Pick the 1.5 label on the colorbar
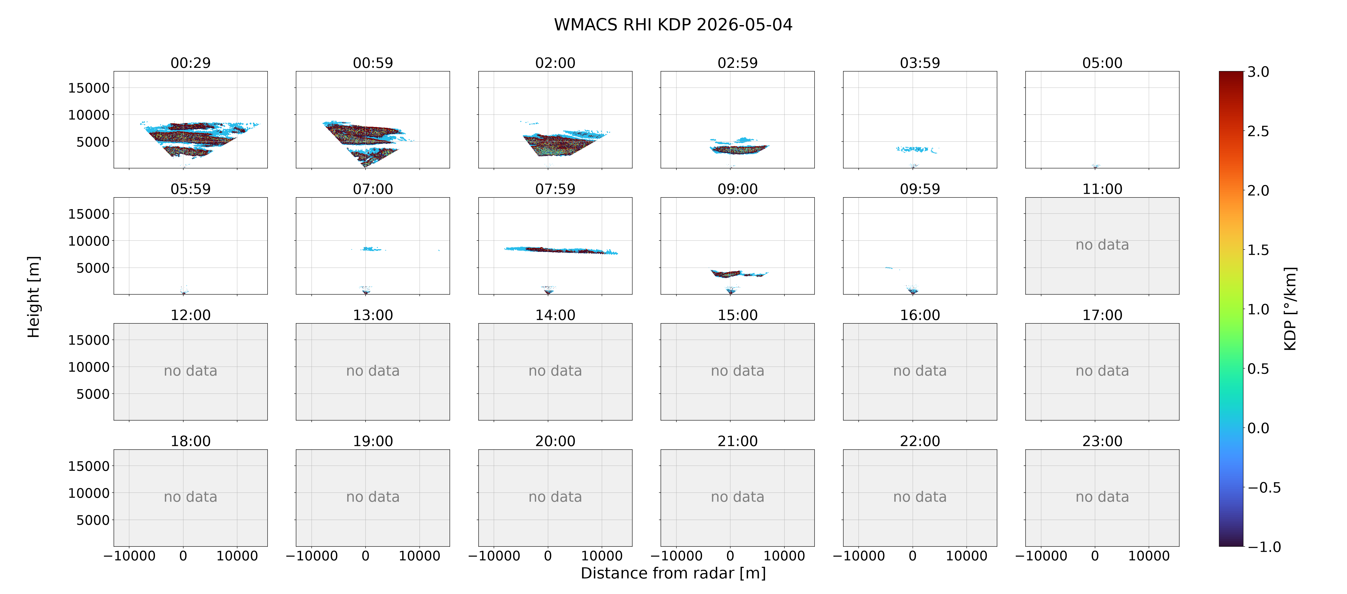1258,250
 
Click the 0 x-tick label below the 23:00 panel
1095,556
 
